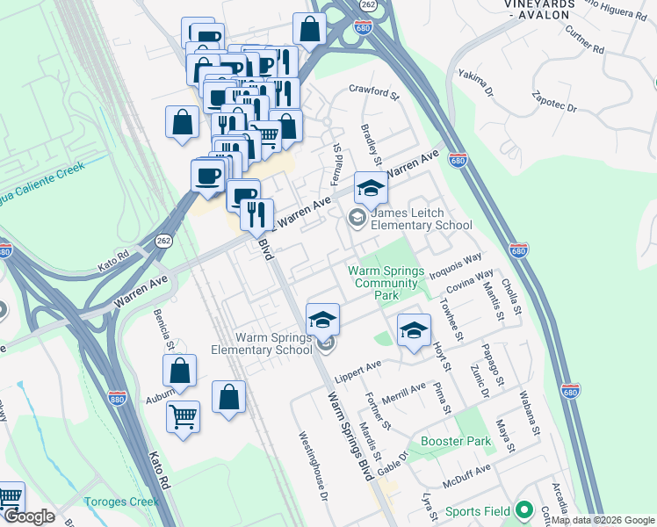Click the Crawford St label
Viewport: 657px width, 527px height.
click(373, 89)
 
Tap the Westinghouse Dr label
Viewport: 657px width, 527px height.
click(312, 466)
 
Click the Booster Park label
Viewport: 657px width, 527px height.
click(454, 442)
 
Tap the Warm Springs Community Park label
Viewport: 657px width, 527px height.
click(386, 283)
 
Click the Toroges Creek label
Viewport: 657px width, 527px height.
click(121, 502)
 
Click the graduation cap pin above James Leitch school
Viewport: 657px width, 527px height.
click(371, 188)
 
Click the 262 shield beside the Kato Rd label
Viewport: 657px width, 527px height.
click(163, 240)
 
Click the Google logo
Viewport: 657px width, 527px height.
click(30, 517)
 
